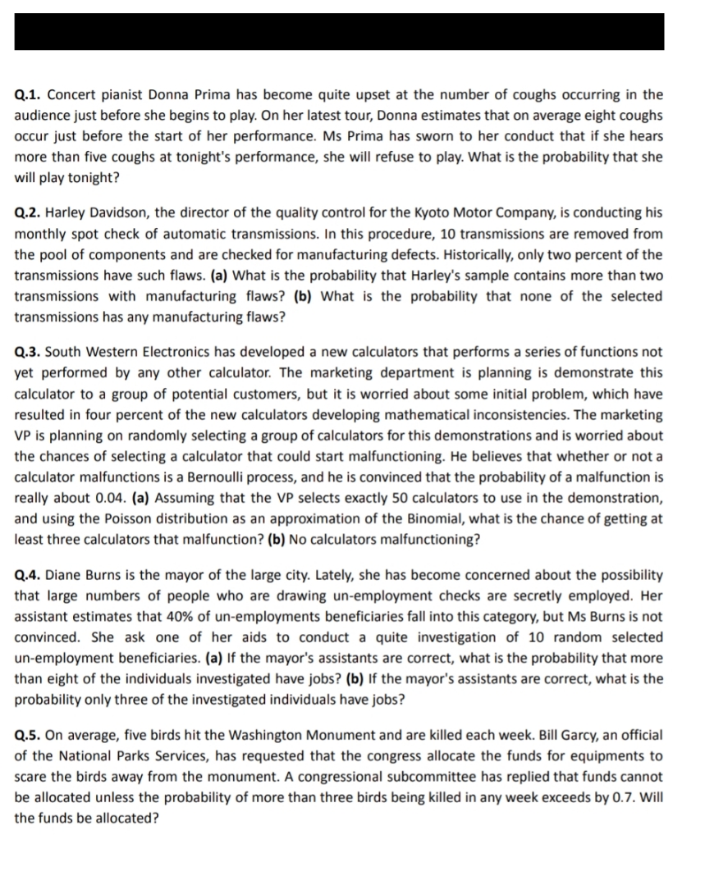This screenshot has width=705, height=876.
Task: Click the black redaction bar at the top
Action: tap(339, 32)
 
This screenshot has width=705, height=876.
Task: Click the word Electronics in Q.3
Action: tap(181, 352)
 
